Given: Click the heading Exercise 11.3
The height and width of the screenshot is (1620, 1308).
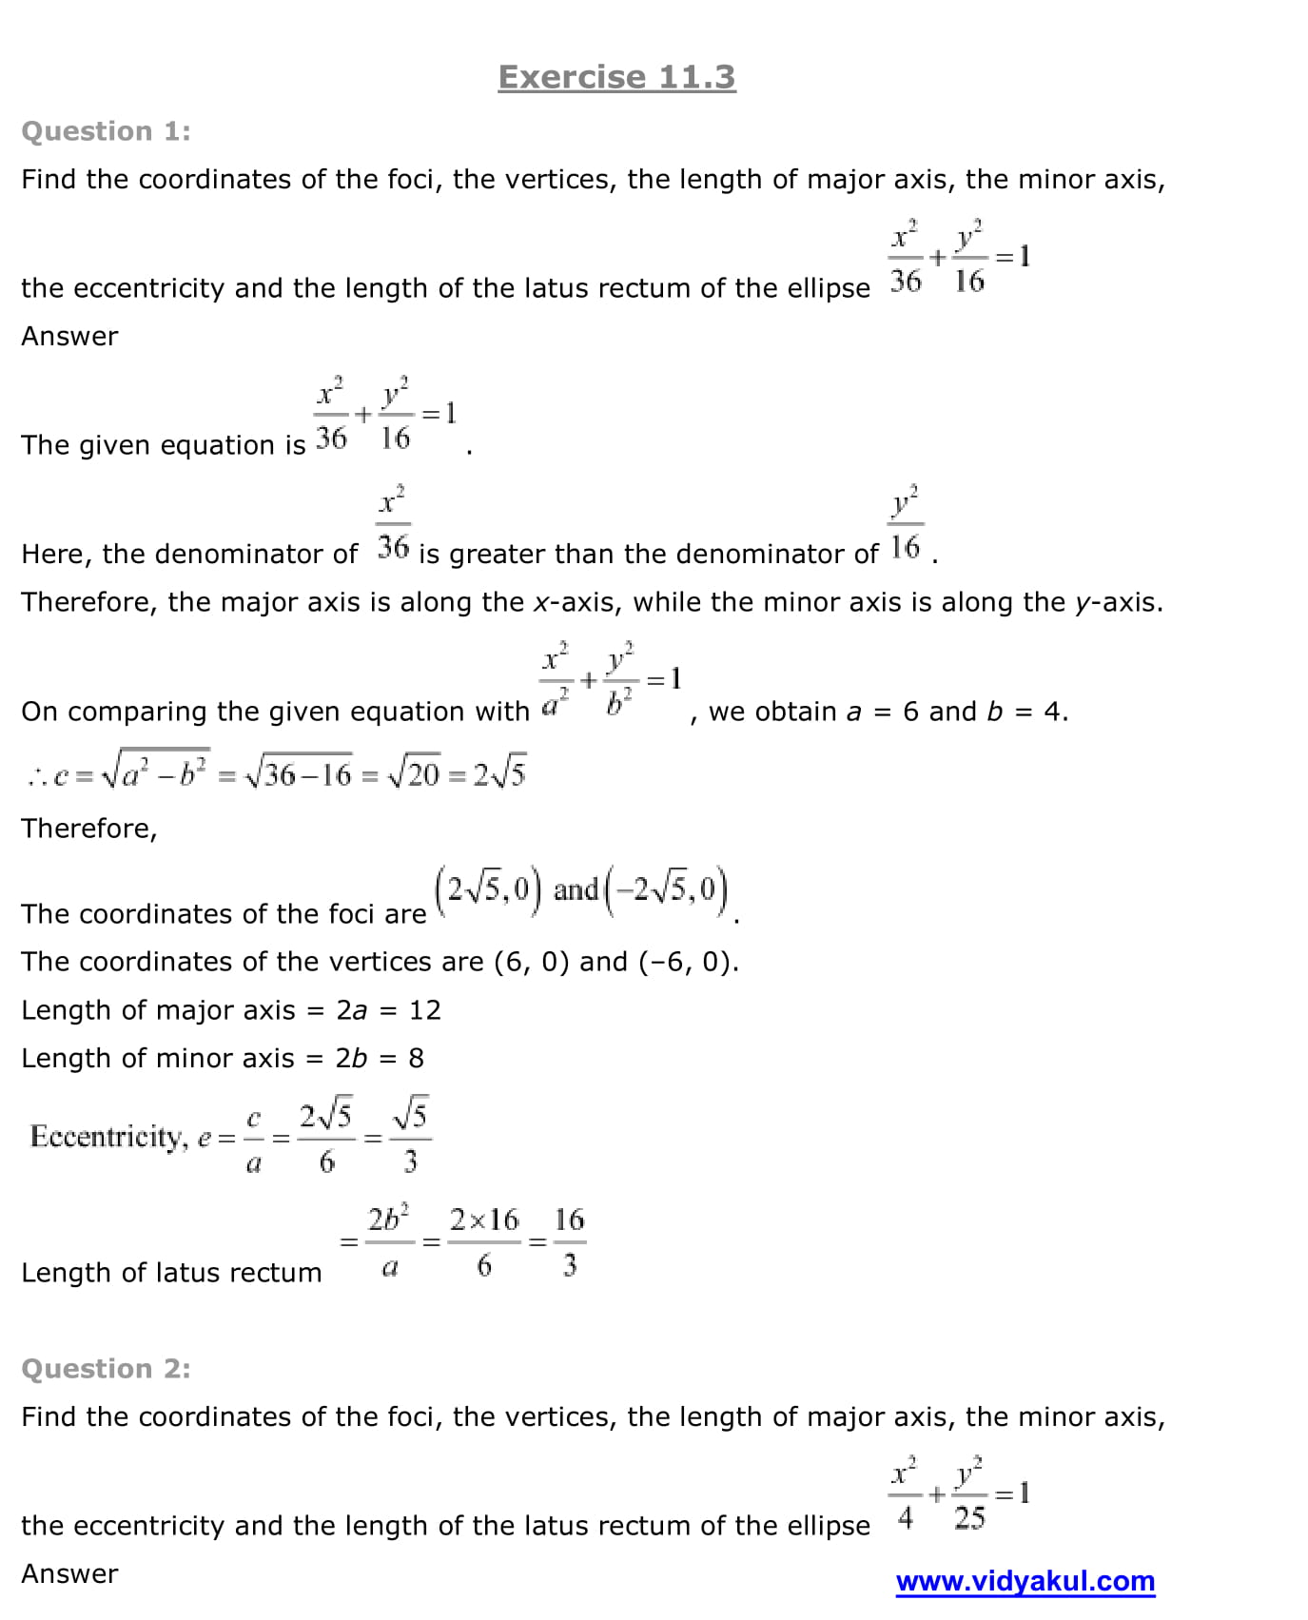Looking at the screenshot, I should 616,77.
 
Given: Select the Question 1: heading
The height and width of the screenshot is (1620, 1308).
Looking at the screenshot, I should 106,131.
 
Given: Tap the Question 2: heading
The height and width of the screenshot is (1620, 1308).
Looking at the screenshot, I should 106,1369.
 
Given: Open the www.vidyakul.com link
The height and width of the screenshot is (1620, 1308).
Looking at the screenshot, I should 1025,1581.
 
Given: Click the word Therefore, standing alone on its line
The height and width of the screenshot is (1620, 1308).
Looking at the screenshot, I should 89,829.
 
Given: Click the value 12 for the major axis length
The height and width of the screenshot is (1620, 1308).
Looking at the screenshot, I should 425,1010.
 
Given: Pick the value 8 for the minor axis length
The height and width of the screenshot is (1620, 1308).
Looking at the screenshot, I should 416,1059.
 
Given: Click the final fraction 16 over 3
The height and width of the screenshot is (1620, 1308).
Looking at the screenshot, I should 569,1241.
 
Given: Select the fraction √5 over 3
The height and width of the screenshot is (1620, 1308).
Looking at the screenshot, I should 410,1137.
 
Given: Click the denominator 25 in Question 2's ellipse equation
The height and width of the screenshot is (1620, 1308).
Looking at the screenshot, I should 969,1518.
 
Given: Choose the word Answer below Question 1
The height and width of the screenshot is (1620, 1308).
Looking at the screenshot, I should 69,337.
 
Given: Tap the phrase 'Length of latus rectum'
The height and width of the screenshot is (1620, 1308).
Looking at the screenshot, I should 171,1273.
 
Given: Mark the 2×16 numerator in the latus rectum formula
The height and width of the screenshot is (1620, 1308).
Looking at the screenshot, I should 484,1220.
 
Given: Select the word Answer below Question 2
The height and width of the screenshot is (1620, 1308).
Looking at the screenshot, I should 69,1574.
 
